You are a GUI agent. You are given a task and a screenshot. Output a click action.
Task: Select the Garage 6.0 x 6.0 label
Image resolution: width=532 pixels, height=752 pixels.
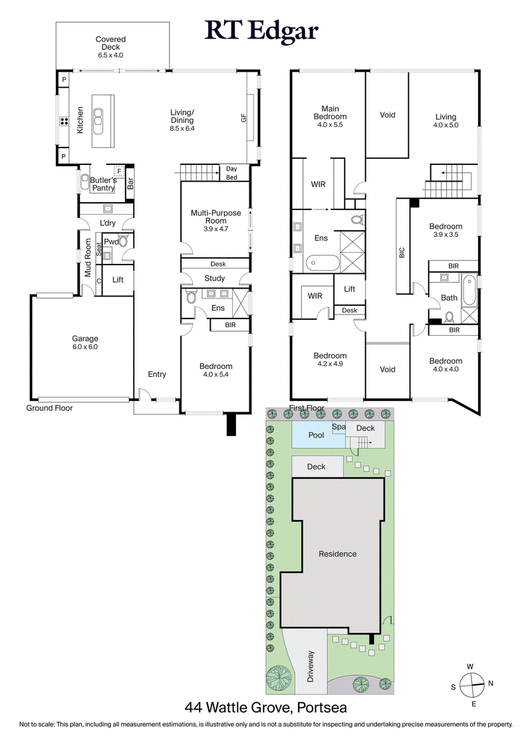85,342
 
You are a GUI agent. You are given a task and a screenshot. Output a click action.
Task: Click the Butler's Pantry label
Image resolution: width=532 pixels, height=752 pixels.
103,184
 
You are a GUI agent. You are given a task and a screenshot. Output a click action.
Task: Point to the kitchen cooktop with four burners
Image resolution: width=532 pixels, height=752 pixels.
65,121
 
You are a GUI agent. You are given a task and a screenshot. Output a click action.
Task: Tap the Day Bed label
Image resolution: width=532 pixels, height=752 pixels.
232,173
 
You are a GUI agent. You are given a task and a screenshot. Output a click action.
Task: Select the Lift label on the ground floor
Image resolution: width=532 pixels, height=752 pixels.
118,280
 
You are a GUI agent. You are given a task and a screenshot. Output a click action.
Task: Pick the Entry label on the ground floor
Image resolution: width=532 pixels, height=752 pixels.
157,374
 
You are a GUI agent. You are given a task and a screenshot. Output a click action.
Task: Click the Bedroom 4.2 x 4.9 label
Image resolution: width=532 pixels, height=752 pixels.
331,360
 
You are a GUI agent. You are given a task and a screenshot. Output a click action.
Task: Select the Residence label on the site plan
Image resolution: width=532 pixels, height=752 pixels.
337,554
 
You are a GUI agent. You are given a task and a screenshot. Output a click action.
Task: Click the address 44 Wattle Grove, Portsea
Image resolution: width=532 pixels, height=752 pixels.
266,707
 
